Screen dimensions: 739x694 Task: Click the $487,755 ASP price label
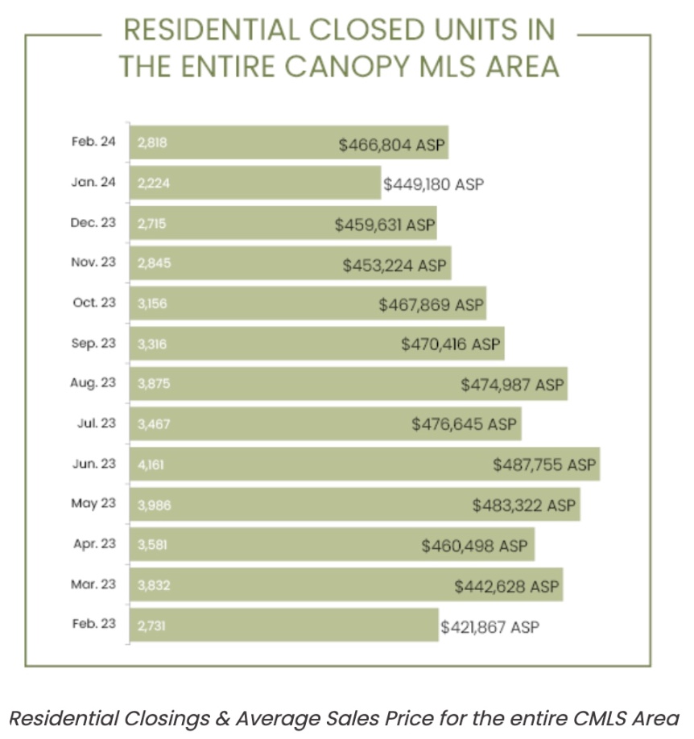point(544,464)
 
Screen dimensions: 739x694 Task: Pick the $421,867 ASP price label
point(490,626)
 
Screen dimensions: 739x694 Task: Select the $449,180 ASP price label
point(433,184)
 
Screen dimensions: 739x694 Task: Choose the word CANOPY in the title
point(345,65)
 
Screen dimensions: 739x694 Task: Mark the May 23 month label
point(94,503)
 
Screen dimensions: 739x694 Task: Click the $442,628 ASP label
point(506,586)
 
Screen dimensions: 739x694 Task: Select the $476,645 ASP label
point(463,424)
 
